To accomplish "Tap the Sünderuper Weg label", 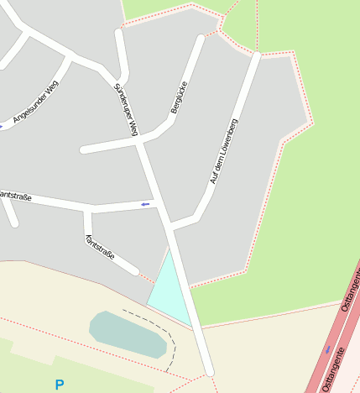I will click(x=125, y=110).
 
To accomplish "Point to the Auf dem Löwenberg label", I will click(x=224, y=151).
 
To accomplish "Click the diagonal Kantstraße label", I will click(x=100, y=248).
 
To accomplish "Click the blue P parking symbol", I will click(x=59, y=385).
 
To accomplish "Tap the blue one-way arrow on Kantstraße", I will click(x=146, y=204).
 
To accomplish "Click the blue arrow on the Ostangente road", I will click(x=327, y=348).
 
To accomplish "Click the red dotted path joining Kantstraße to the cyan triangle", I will click(x=145, y=276).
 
